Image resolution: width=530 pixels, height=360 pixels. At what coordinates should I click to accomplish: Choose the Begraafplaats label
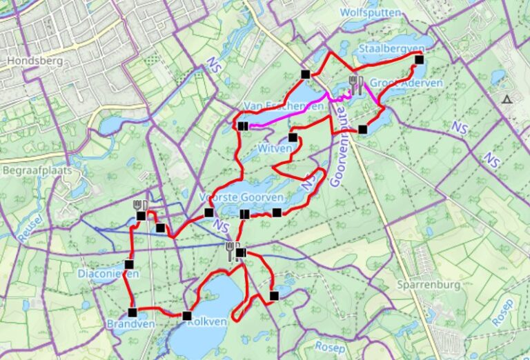[38, 170]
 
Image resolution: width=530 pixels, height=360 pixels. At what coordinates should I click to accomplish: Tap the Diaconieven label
[109, 273]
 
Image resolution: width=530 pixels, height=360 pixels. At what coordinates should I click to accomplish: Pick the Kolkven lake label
[207, 322]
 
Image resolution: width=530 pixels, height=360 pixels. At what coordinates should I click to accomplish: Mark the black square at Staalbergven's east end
[419, 59]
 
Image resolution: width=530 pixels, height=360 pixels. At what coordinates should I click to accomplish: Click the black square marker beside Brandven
[132, 312]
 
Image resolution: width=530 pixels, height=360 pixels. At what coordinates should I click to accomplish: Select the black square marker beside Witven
[293, 137]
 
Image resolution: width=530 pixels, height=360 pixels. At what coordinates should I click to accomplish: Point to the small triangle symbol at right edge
[507, 99]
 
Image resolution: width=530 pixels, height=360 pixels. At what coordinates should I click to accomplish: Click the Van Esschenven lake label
[283, 106]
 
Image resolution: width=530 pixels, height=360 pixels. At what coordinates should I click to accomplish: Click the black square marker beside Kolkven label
[186, 316]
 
